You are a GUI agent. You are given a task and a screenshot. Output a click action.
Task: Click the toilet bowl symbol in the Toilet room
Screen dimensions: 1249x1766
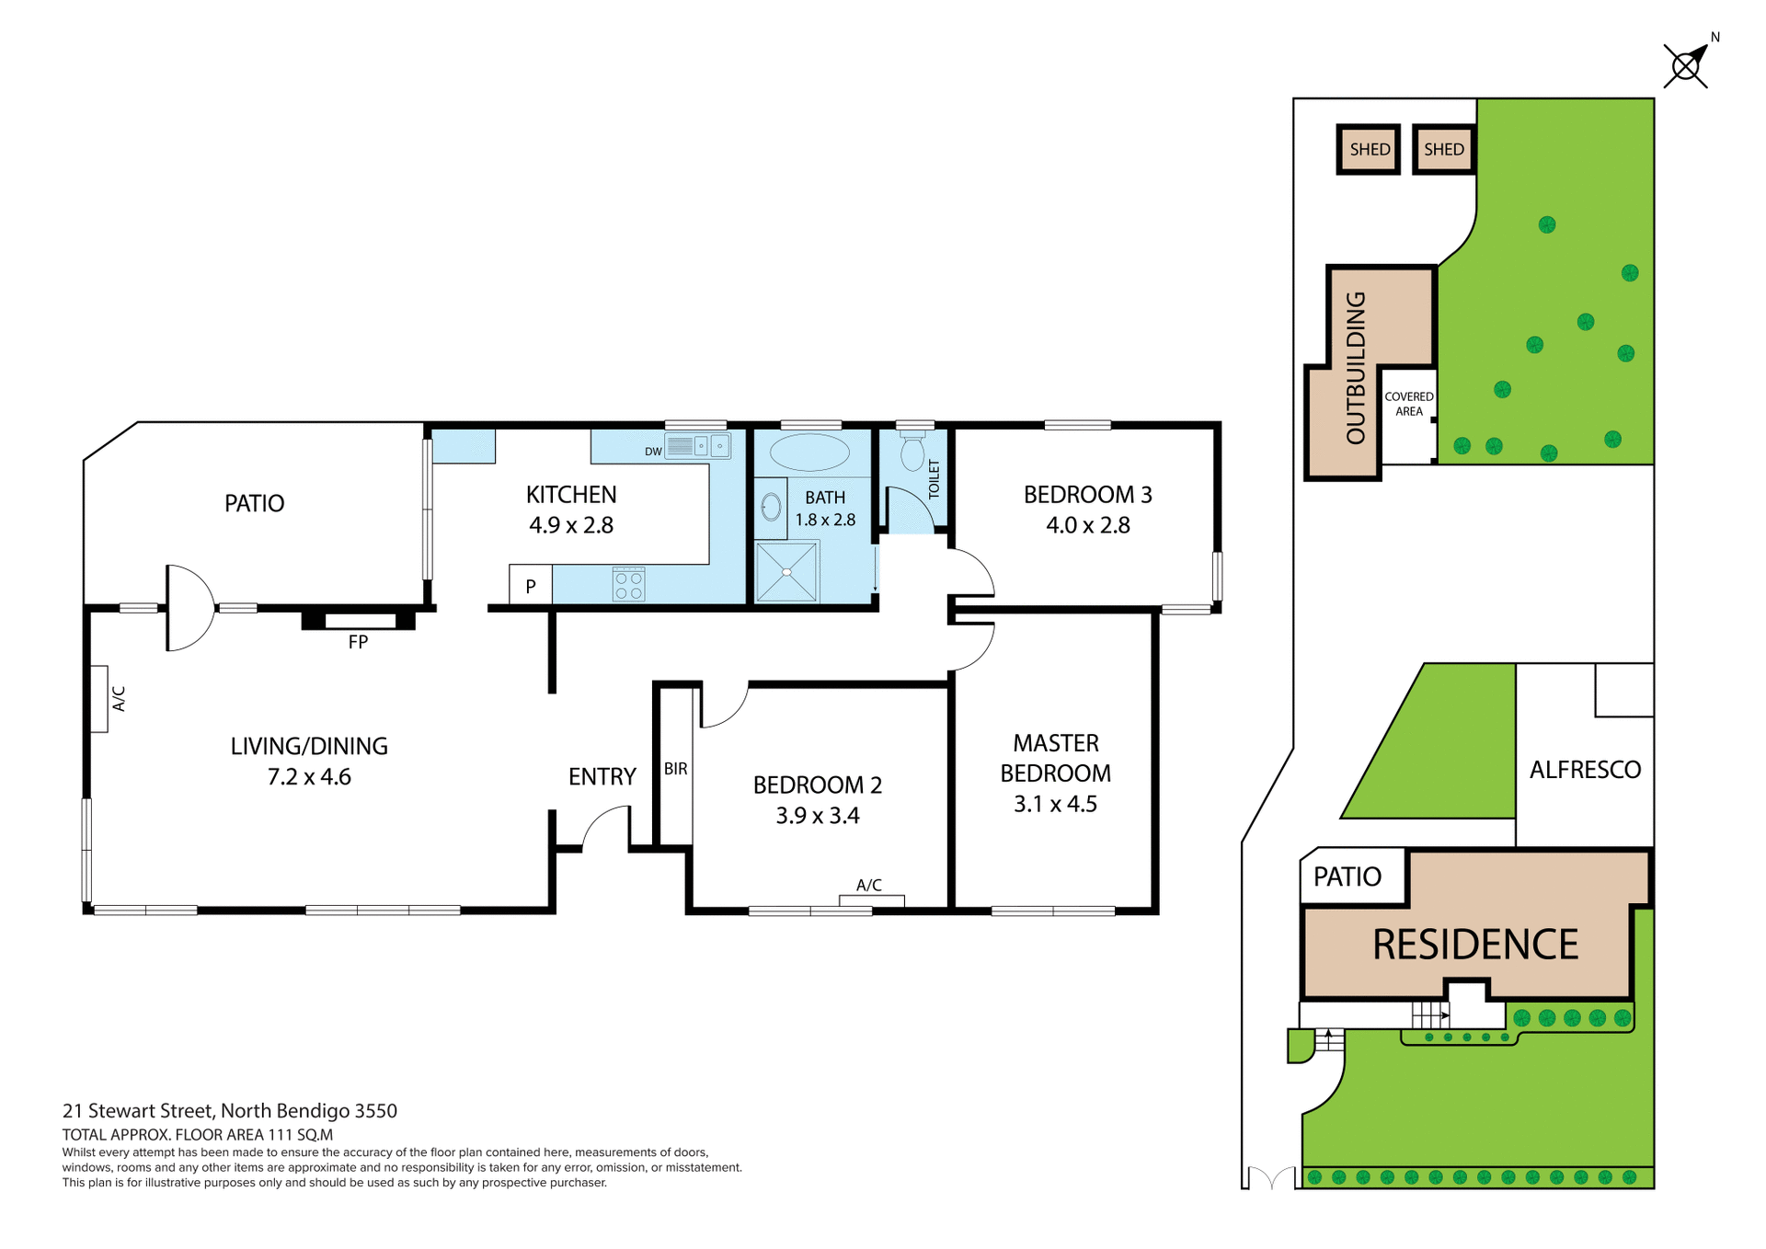pos(912,453)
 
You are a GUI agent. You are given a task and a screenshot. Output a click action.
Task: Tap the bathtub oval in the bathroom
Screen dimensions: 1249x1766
pos(809,453)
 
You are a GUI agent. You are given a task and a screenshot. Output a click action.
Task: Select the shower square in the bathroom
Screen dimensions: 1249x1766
pos(786,572)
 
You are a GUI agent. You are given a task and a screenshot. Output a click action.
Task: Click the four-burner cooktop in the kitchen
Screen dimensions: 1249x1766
pos(629,585)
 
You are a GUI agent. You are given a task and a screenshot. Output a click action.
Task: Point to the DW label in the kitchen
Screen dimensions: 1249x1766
pos(653,452)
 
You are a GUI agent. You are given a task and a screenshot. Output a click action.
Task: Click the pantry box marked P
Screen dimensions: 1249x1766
pos(531,586)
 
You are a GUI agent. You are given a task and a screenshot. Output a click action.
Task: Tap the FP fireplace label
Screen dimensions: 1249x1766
pos(358,642)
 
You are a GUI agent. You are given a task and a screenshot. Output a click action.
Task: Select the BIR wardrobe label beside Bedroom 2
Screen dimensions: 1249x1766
pos(676,769)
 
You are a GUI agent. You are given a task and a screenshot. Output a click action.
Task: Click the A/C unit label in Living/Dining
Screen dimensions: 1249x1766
pos(119,699)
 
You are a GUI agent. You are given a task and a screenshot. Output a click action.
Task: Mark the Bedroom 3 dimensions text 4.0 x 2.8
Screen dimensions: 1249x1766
pos(1087,525)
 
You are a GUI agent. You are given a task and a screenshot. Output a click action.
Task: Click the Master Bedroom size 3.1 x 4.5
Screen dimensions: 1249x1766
pos(1055,804)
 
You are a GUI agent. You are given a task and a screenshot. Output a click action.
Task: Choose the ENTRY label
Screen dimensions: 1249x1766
pos(602,777)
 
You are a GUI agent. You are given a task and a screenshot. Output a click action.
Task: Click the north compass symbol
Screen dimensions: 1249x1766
pos(1687,65)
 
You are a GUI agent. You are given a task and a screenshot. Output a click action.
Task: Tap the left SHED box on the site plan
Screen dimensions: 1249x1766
pos(1369,149)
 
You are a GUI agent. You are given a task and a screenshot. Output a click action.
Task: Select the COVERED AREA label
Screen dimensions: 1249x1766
pos(1408,404)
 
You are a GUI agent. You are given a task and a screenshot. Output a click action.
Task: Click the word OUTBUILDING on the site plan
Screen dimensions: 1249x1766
pos(1356,368)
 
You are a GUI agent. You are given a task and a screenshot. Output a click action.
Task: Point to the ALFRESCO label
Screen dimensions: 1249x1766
pos(1585,770)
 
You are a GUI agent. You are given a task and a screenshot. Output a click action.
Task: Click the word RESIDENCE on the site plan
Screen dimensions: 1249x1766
pos(1474,945)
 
